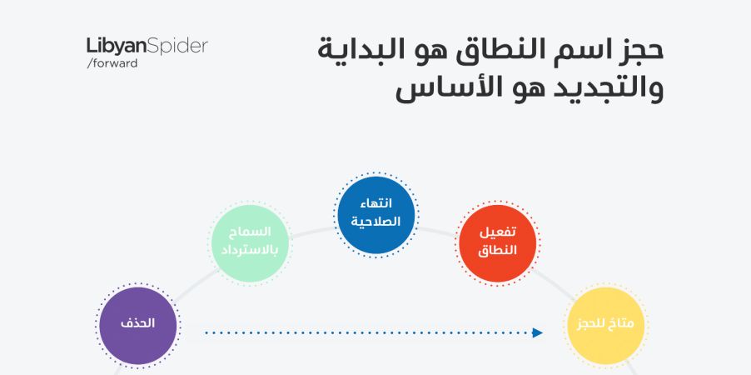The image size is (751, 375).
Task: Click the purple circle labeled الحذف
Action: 138,326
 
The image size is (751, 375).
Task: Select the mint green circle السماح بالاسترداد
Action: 251,243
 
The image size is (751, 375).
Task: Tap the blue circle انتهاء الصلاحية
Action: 376,215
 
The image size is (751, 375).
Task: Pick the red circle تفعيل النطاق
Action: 498,243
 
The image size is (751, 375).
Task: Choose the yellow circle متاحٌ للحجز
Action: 606,326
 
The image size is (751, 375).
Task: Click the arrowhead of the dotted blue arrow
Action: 538,332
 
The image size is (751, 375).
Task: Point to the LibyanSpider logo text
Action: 147,47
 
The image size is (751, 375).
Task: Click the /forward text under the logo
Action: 112,63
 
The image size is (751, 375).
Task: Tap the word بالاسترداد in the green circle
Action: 251,251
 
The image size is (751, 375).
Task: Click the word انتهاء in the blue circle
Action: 376,202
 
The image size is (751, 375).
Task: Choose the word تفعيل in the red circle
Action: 498,232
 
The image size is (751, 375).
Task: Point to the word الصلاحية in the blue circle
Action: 376,222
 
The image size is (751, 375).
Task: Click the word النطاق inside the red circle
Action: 498,251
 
